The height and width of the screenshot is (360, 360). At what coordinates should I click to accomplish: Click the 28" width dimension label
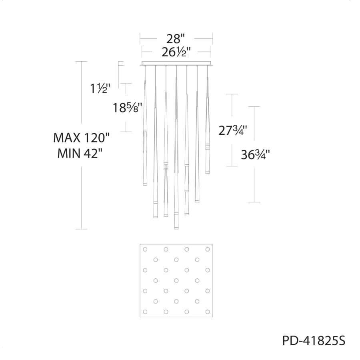click(x=176, y=39)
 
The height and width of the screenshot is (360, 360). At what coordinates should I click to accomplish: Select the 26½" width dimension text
click(x=176, y=52)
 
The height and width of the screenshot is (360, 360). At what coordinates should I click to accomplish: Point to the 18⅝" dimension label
click(x=128, y=107)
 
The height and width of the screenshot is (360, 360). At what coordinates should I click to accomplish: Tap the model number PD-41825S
click(x=314, y=341)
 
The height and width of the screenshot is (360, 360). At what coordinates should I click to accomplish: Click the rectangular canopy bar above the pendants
click(x=176, y=63)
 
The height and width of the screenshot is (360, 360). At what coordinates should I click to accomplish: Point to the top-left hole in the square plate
click(x=145, y=249)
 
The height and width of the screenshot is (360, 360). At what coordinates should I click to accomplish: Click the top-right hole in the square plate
click(x=207, y=249)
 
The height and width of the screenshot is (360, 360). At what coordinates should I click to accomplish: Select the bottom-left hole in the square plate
click(x=145, y=311)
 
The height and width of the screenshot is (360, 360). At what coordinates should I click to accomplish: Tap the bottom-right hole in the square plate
click(x=207, y=311)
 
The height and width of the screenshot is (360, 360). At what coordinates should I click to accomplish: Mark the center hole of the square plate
click(x=176, y=280)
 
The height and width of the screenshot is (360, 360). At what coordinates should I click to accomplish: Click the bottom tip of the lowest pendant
click(x=176, y=229)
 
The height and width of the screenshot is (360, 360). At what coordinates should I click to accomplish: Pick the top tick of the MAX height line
click(x=81, y=62)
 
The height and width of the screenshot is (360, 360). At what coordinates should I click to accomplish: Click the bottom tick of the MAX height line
click(x=81, y=229)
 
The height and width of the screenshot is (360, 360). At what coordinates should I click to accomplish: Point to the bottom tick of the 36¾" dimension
click(x=254, y=202)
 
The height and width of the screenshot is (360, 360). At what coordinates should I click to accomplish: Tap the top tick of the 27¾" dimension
click(x=232, y=94)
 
